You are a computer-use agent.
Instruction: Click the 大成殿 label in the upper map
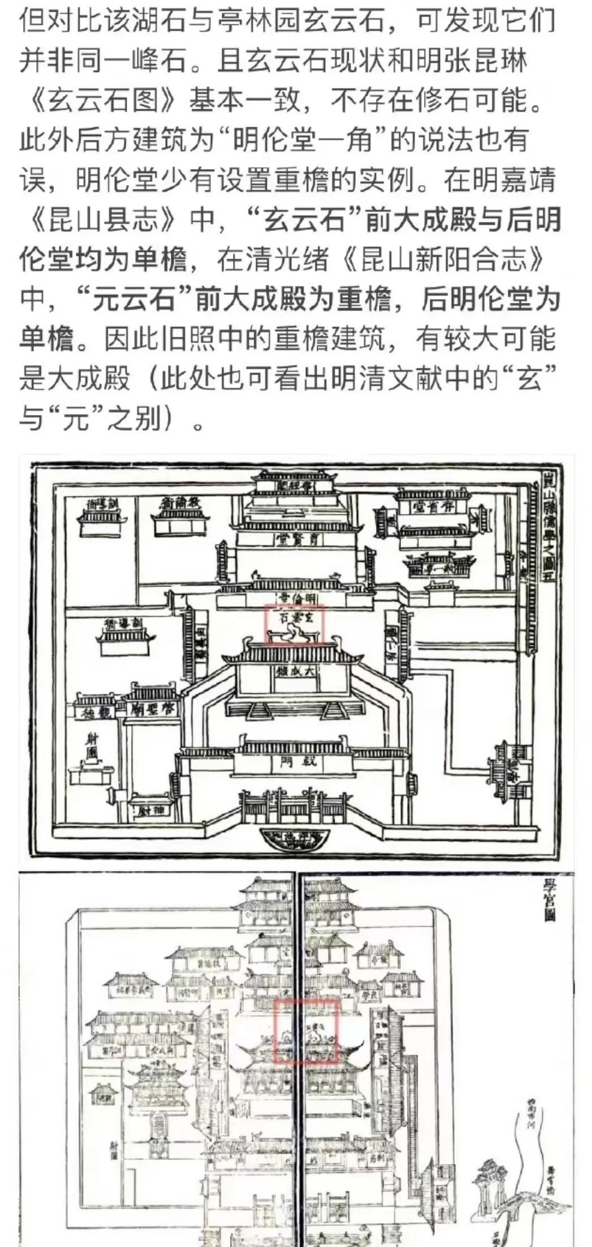[295, 672]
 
